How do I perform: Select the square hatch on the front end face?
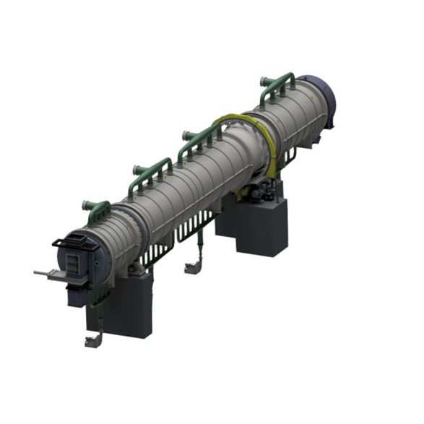tap(74, 262)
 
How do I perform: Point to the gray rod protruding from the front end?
tap(45, 273)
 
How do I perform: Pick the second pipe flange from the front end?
tap(137, 170)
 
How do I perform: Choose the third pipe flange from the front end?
tap(187, 134)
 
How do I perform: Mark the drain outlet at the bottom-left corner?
tap(91, 341)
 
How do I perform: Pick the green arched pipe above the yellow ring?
tap(209, 134)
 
